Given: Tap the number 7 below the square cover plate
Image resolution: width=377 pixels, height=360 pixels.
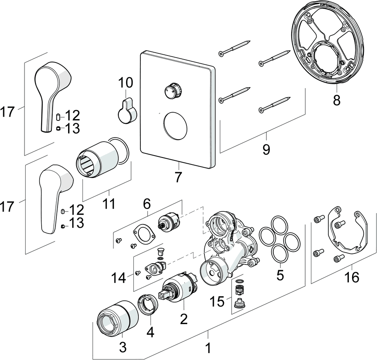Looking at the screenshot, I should tap(178, 178).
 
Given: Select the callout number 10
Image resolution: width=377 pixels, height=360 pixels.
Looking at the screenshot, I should tap(126, 83).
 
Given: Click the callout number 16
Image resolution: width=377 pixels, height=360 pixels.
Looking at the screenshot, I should tap(352, 278).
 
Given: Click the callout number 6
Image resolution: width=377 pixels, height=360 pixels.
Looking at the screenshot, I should tap(146, 203).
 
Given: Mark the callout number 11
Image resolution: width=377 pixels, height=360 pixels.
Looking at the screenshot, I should tap(109, 204).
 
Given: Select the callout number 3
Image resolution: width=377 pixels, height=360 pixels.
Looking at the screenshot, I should tap(122, 347).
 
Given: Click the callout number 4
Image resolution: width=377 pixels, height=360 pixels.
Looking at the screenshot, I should tap(151, 332).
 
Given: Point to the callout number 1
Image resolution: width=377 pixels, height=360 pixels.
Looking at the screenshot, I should tap(208, 348).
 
